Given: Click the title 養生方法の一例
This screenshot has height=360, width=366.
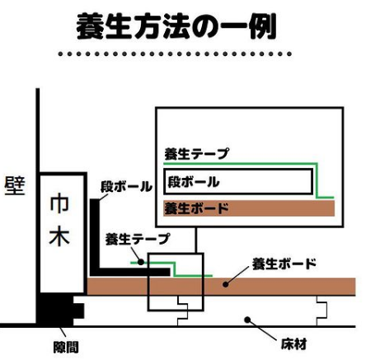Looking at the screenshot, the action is [176, 26].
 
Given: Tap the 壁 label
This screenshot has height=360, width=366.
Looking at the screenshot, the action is [15, 185].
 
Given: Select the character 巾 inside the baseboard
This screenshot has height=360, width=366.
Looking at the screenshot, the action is [59, 203].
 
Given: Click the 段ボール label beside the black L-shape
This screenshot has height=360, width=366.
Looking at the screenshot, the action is [126, 186].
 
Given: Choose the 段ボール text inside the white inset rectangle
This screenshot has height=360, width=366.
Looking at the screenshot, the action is [194, 182].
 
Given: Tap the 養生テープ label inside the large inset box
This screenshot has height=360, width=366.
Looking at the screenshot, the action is [196, 153].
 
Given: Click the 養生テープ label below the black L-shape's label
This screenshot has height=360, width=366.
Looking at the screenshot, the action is [138, 239].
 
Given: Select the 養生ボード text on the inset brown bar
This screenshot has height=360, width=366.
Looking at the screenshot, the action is [196, 208].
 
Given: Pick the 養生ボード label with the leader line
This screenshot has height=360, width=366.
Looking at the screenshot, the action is [284, 264].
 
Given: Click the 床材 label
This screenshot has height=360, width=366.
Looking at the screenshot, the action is [293, 344].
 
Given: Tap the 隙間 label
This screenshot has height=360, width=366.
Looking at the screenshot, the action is [66, 348].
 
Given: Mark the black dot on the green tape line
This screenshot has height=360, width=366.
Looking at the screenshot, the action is [141, 262].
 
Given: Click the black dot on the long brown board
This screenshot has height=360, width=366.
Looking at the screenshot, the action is [225, 284].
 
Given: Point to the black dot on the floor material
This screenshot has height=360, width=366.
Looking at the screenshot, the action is [247, 320].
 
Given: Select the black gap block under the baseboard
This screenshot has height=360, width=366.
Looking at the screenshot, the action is [60, 310].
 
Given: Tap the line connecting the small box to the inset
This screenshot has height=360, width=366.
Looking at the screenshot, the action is [196, 240].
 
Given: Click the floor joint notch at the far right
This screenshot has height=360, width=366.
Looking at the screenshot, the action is [321, 311].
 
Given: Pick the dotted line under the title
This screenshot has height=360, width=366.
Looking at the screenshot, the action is [175, 54].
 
